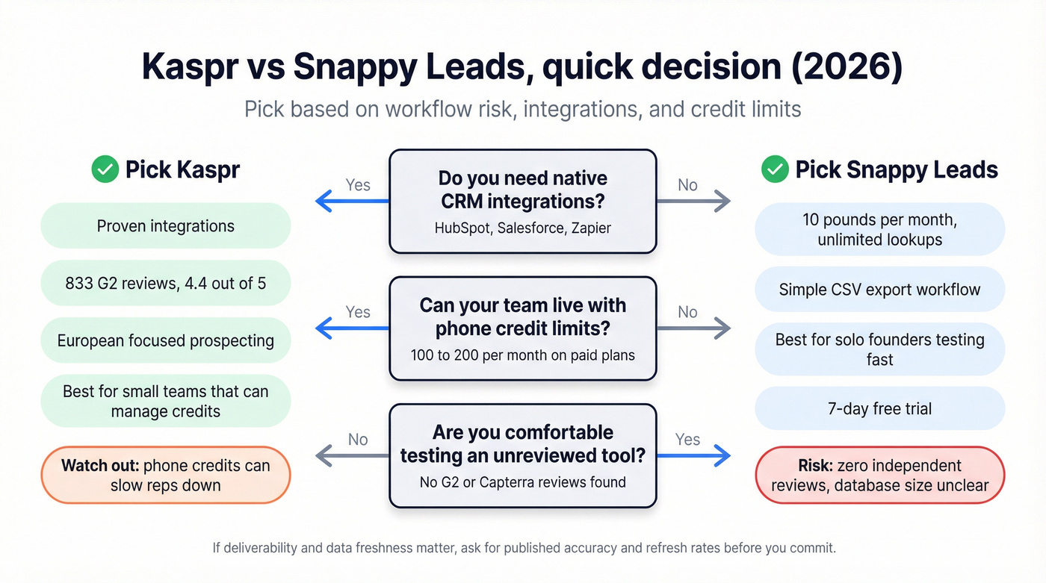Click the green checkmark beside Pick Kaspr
point(105,170)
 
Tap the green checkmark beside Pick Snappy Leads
point(775,170)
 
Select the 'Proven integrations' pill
point(165,226)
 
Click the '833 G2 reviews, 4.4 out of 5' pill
point(165,283)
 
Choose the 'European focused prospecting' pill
point(165,341)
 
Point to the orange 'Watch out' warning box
point(165,476)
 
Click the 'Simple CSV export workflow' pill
point(879,290)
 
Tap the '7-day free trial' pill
point(879,408)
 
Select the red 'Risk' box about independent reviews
point(879,476)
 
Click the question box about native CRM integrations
point(522,202)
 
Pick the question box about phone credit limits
point(522,328)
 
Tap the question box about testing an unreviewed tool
point(522,455)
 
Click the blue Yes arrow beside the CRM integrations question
point(351,200)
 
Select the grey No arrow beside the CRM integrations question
point(693,200)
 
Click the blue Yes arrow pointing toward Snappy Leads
point(693,455)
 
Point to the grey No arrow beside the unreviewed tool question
point(351,455)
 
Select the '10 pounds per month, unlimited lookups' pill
point(879,230)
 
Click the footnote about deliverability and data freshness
point(523,548)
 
